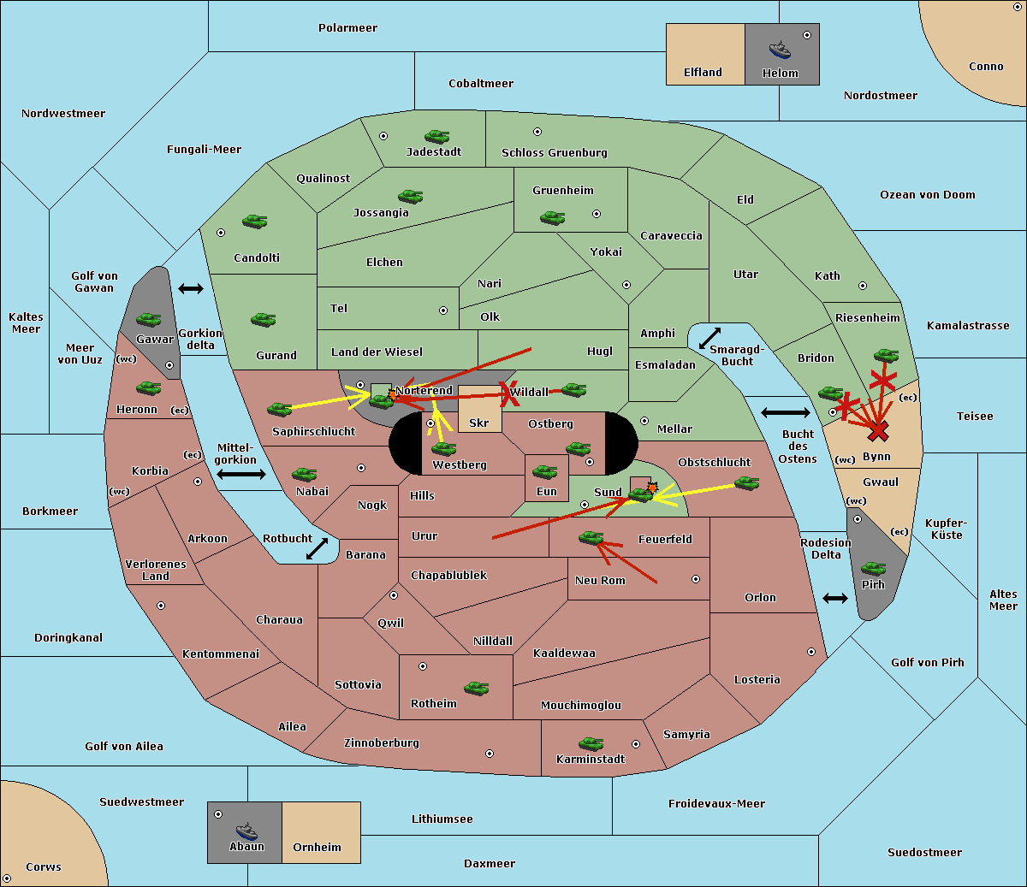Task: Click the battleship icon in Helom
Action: (780, 49)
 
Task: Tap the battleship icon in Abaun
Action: (246, 830)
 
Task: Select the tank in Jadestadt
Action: (437, 137)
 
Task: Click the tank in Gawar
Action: (149, 320)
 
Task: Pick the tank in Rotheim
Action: (477, 688)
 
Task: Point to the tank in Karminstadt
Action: (591, 743)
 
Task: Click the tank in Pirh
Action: (873, 569)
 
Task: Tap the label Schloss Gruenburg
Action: (554, 153)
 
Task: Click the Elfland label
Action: (703, 73)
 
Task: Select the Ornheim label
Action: (317, 848)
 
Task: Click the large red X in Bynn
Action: (878, 431)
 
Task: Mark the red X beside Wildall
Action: (511, 394)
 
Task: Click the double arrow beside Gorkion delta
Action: (191, 289)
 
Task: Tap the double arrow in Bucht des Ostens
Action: (785, 413)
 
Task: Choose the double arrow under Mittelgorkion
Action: (241, 475)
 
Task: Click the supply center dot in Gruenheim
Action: (597, 214)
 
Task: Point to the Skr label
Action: (479, 423)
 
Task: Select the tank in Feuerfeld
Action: (591, 538)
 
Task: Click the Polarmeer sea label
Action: (347, 28)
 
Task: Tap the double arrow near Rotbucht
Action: (318, 548)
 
